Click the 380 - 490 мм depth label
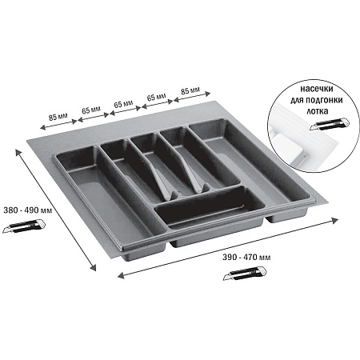click(x=28, y=210)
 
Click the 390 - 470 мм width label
click(x=246, y=258)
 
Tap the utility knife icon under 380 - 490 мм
click(x=24, y=226)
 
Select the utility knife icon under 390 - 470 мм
click(x=245, y=273)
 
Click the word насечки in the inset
click(x=317, y=89)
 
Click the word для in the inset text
click(x=297, y=100)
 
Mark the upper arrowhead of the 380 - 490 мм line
click(x=18, y=153)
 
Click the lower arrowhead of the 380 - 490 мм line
click(x=93, y=267)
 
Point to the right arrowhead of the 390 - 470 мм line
click(x=334, y=220)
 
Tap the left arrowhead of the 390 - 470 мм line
click(x=121, y=275)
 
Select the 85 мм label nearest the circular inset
click(x=190, y=91)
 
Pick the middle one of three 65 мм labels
click(x=123, y=104)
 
